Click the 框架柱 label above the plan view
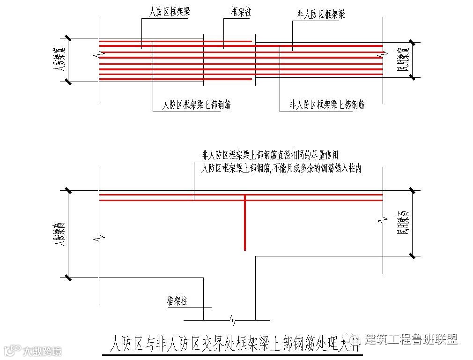[x=241, y=12]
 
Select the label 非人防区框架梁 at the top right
[x=321, y=14]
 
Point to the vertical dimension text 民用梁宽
[x=403, y=60]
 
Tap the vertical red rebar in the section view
[x=244, y=223]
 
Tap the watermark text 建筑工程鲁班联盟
[x=411, y=339]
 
